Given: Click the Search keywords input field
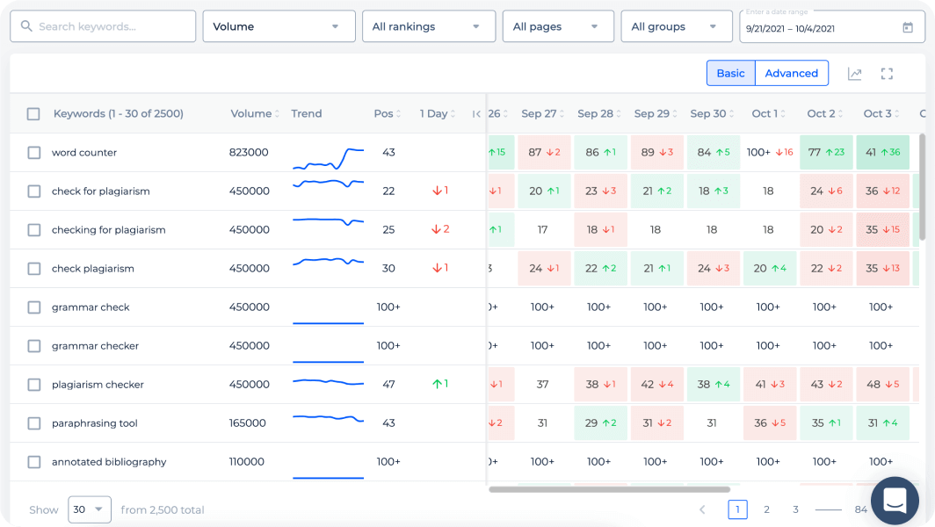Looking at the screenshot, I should click(x=103, y=26).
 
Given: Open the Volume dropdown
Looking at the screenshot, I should click(x=279, y=26).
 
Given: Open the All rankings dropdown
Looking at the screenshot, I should click(x=428, y=26).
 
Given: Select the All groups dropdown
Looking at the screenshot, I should click(x=676, y=26).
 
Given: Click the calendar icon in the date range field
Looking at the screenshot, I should click(x=908, y=27).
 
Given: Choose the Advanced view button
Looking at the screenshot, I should click(x=792, y=73).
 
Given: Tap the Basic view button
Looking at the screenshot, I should click(x=730, y=73).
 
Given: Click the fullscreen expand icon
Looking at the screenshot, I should click(x=887, y=74).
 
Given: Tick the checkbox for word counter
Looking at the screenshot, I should click(x=34, y=153).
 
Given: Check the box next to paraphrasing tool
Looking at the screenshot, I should click(x=34, y=423).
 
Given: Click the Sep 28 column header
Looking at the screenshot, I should click(x=596, y=113).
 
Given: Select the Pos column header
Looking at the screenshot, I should click(x=384, y=113).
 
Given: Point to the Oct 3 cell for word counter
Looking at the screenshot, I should click(x=881, y=152).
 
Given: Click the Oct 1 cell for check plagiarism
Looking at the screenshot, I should click(x=769, y=269).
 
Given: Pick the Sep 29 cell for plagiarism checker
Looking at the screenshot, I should click(x=656, y=385).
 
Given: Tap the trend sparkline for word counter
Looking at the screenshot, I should click(x=328, y=159).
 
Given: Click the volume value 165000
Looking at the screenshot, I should click(x=248, y=423).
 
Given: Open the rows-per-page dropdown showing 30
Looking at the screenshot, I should click(x=89, y=509).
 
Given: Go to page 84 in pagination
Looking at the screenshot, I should click(x=860, y=509).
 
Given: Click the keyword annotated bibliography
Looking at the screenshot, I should click(x=109, y=462).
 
